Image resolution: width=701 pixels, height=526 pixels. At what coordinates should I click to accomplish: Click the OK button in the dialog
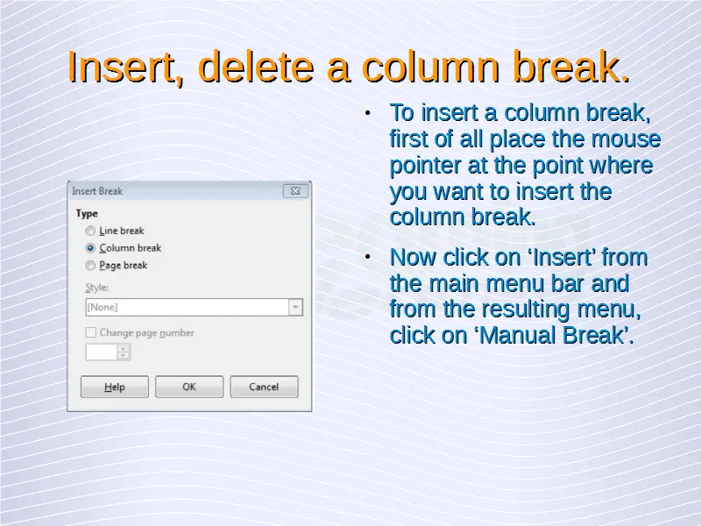[189, 387]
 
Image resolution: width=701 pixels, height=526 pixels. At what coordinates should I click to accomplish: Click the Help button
[115, 387]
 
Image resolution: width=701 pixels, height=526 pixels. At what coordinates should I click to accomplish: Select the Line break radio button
[90, 231]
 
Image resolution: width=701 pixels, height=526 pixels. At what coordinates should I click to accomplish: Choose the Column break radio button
[90, 248]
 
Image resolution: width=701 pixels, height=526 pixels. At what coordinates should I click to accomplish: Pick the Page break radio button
[90, 266]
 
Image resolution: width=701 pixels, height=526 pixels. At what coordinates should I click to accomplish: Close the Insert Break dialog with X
[295, 191]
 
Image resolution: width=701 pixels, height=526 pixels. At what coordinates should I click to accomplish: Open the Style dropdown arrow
[295, 308]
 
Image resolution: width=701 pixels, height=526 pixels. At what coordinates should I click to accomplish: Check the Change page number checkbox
[91, 332]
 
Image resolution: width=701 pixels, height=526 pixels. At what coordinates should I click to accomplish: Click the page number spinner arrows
[124, 352]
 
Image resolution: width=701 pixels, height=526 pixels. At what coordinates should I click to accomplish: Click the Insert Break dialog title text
[97, 191]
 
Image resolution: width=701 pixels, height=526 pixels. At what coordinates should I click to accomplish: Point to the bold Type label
[87, 213]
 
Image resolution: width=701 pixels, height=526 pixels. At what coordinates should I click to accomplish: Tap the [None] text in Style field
[103, 308]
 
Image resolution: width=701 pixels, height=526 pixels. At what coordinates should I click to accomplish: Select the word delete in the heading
[256, 67]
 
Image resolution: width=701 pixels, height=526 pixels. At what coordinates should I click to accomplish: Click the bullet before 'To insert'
[367, 113]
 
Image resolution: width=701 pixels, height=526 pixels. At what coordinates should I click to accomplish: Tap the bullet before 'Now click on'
[367, 257]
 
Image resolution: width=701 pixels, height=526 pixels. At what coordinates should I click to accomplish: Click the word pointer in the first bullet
[425, 167]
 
